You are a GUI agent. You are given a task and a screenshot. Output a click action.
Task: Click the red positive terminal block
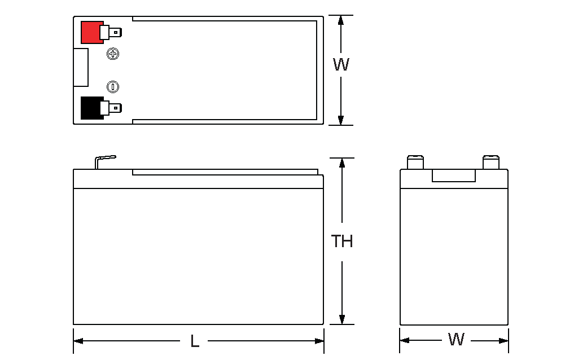[x=90, y=32]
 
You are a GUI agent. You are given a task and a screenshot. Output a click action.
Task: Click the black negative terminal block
[x=90, y=108]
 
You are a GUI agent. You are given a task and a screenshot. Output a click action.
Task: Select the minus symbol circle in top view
[x=113, y=86]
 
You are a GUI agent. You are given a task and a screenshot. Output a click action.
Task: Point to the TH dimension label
[x=341, y=242]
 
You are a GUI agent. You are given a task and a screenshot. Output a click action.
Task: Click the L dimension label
[x=195, y=341]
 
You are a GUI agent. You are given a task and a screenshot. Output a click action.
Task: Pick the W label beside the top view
[x=341, y=65]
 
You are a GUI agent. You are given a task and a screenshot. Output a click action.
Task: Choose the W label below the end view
[x=455, y=340]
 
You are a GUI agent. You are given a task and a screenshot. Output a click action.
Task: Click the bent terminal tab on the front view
[x=105, y=160]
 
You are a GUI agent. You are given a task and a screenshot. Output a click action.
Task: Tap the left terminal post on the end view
[x=415, y=162]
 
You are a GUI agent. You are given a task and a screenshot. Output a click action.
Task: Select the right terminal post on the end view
[x=491, y=162]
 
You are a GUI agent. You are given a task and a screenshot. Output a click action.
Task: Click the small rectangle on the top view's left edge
[x=81, y=67]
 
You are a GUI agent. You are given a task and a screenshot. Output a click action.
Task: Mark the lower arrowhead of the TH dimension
[x=341, y=319]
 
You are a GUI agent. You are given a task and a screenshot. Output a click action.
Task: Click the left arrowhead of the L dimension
[x=78, y=341]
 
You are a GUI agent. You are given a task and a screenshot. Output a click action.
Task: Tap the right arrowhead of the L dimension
[x=319, y=341]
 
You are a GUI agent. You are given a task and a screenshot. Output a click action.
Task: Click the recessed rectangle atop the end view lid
[x=453, y=175]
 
